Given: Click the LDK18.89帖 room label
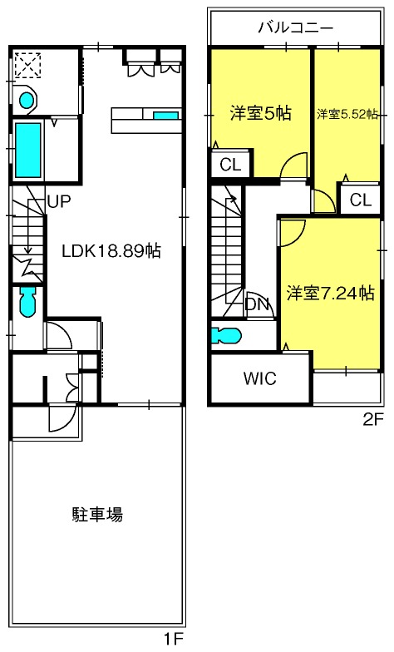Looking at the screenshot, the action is [111, 251].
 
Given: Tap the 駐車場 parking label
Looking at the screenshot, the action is [97, 514].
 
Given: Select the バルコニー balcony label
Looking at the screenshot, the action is [296, 28].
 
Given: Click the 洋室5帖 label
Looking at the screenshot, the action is [261, 113].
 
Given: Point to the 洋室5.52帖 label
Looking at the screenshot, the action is [347, 114].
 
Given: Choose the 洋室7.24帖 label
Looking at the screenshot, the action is [330, 293].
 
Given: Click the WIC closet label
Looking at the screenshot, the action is [259, 378].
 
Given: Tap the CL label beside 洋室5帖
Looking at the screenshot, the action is [230, 165].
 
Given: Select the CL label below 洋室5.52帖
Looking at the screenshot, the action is [361, 200].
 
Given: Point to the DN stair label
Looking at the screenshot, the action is [258, 304].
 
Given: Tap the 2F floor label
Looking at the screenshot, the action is [372, 421].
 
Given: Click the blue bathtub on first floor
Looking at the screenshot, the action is [28, 150].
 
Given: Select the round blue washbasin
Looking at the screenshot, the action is [27, 100].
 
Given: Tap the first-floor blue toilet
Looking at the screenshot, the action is [27, 301].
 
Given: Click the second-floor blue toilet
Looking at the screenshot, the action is [226, 336].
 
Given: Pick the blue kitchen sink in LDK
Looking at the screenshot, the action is [166, 115].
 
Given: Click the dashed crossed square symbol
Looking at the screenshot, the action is [28, 65].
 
